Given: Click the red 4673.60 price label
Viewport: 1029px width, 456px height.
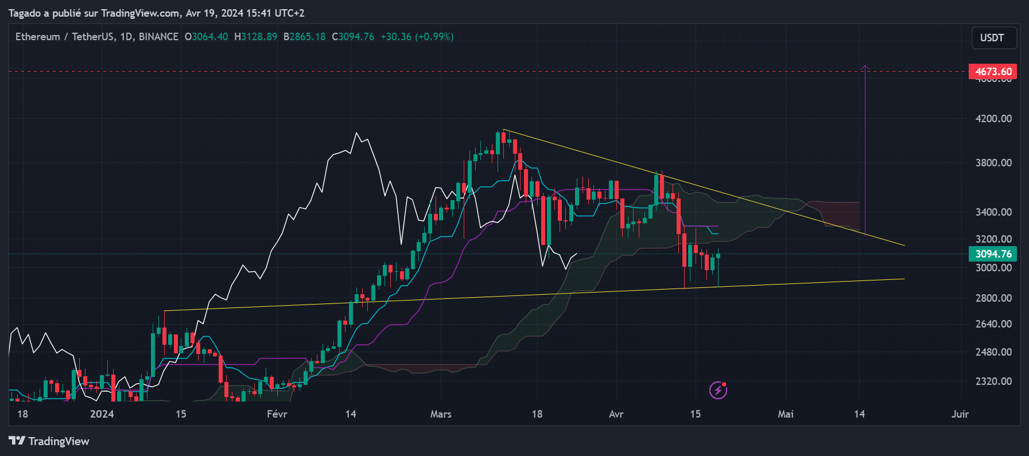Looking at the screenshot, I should (x=993, y=72).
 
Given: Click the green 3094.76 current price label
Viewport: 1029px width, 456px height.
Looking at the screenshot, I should (x=993, y=254).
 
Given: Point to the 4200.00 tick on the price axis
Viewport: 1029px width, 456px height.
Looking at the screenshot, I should (x=993, y=119).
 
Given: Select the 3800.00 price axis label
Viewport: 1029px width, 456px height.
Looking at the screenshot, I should (x=993, y=163).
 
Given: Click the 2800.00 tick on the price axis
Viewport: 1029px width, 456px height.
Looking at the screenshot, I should (x=993, y=298).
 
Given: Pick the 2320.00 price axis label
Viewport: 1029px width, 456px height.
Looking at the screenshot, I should (x=993, y=381).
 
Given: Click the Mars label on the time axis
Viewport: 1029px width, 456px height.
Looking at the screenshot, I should (x=441, y=414).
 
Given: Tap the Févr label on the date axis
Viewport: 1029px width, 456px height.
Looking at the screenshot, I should (x=277, y=414).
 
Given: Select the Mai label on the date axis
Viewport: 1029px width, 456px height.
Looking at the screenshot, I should (x=786, y=414).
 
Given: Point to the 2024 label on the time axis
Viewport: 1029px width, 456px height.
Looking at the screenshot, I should (x=102, y=414).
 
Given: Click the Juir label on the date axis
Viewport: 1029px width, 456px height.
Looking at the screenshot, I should (x=960, y=414).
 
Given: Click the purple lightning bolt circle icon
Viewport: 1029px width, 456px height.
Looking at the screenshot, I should (x=719, y=390).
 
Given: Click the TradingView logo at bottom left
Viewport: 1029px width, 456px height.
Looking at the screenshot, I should (x=49, y=441).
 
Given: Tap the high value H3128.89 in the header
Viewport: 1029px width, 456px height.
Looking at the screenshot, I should (x=255, y=37).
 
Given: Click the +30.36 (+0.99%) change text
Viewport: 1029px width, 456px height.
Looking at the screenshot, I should (x=417, y=37).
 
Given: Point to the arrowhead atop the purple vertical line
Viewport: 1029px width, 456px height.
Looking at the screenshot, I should (x=865, y=68).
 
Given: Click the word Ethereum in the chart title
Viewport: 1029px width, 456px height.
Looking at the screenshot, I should (x=38, y=37).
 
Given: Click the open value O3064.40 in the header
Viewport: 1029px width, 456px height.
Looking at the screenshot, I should (x=206, y=37).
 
